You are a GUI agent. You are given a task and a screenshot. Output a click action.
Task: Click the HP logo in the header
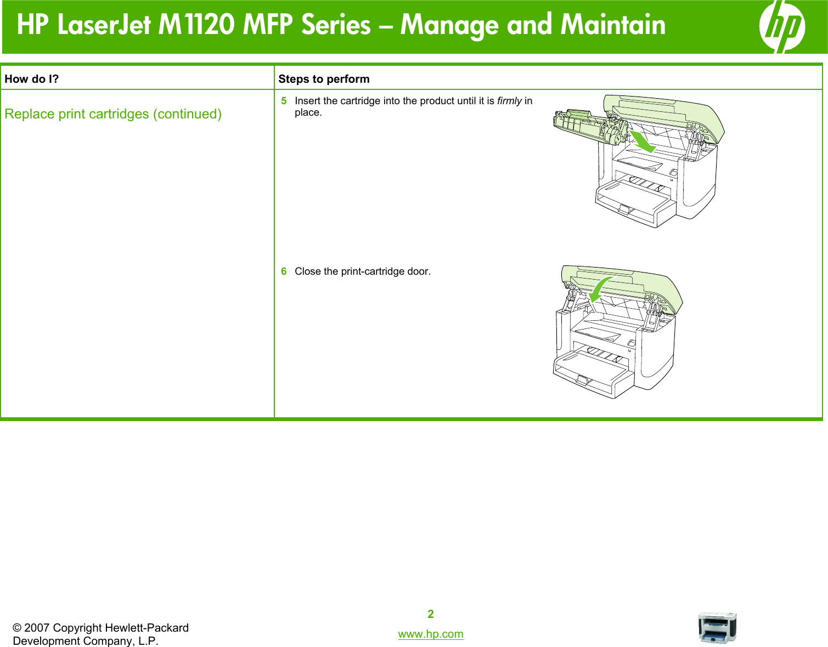(782, 26)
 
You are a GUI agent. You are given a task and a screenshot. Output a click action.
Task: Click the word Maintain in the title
(613, 25)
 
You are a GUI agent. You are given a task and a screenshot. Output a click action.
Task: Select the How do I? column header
(32, 79)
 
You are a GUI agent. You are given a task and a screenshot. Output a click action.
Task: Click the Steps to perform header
(324, 79)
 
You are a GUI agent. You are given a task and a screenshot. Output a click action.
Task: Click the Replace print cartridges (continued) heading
(113, 114)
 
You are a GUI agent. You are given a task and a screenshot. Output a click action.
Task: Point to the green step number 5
(284, 101)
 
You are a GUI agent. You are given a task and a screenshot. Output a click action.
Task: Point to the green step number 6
(284, 271)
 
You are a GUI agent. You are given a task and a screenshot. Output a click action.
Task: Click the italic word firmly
(509, 101)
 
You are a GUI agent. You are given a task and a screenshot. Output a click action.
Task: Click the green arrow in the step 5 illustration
(641, 141)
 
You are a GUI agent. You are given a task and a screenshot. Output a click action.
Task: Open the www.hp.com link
(431, 634)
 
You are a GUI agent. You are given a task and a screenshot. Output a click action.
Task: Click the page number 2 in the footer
(431, 614)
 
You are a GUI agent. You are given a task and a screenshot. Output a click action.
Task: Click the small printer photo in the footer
(717, 628)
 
